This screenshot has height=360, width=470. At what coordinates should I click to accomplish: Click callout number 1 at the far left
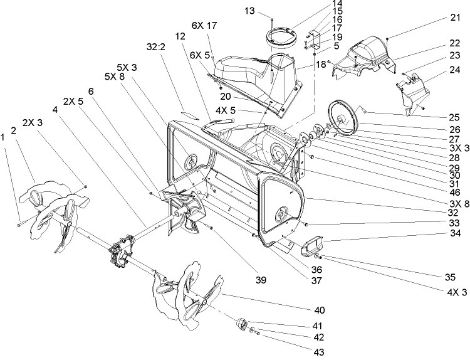point(5,135)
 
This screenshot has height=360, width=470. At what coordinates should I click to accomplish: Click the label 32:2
point(156,46)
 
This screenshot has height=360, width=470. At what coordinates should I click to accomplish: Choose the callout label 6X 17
point(205,26)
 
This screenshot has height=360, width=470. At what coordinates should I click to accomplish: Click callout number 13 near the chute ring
point(249,11)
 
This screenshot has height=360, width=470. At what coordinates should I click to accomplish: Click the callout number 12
point(181,37)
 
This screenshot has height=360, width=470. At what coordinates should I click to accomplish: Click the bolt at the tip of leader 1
point(21,221)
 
